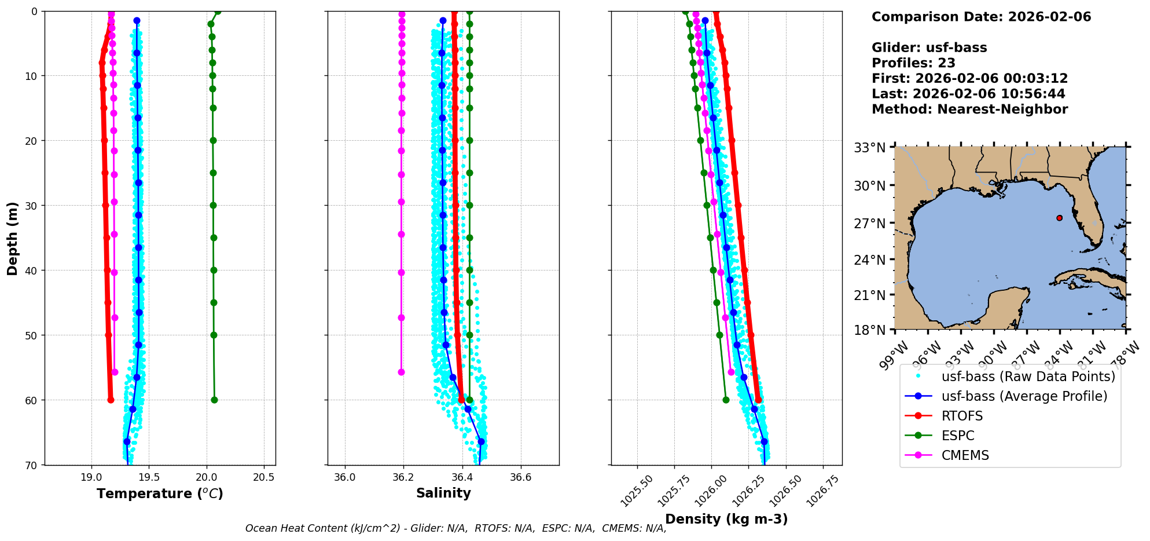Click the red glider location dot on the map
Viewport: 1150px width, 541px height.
(1059, 218)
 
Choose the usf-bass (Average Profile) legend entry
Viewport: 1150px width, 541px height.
(1024, 396)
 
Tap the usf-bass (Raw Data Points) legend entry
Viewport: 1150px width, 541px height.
(1028, 376)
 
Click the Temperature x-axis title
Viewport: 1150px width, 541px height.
(160, 494)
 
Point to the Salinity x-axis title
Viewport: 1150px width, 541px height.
(443, 493)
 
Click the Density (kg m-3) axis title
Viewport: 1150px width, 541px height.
(726, 519)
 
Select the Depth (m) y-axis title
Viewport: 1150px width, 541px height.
(13, 238)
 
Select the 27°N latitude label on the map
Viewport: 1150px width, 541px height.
(870, 224)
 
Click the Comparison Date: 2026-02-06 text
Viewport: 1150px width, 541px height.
(981, 17)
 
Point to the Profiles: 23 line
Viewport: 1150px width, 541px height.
(913, 63)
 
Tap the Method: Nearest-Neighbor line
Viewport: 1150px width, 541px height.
(969, 109)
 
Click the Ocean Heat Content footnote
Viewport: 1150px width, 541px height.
(455, 528)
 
